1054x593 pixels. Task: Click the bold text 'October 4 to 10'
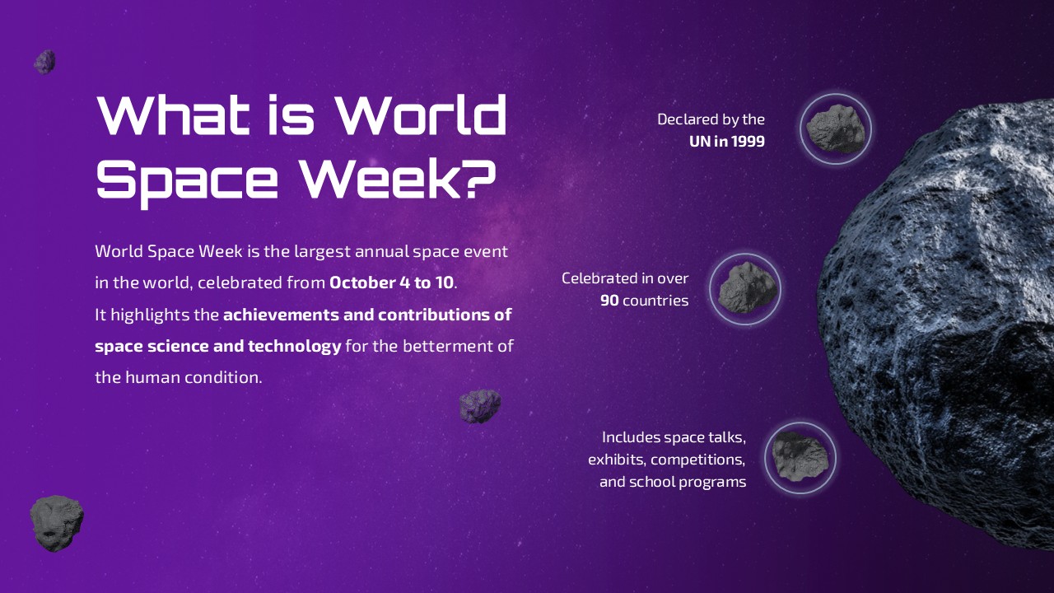(391, 282)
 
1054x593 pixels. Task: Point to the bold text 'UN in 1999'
(726, 142)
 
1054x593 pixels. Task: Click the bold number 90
(609, 301)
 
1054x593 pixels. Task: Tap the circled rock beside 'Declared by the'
(835, 128)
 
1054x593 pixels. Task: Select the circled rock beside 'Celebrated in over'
(745, 288)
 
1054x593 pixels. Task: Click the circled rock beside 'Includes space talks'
(800, 458)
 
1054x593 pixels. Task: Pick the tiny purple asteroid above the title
(44, 62)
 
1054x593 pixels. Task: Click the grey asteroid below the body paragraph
(56, 523)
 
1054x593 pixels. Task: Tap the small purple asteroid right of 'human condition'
(479, 406)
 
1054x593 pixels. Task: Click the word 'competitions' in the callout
(698, 460)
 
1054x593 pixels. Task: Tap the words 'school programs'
(688, 482)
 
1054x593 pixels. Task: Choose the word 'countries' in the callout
(655, 301)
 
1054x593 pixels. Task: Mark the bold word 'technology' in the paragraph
(294, 346)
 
